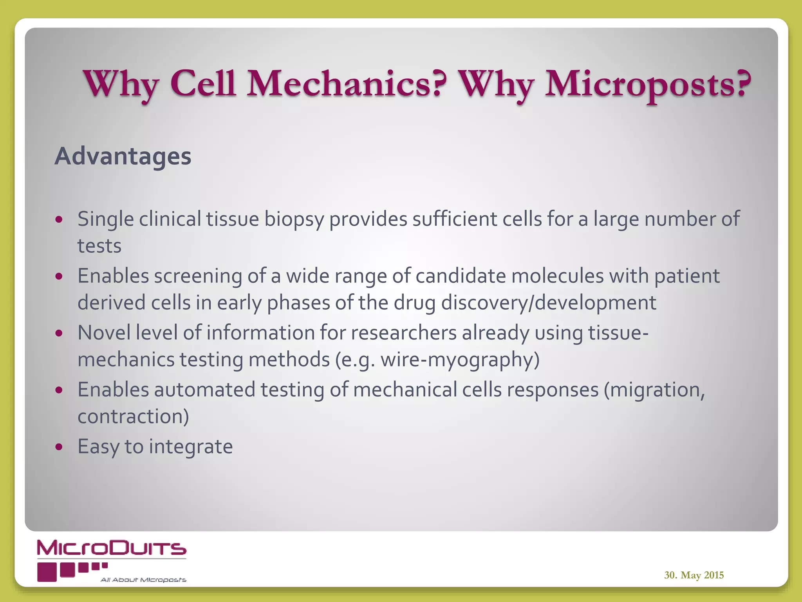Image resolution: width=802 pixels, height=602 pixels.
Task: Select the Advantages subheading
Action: click(123, 156)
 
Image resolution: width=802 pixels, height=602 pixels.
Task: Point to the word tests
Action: click(99, 246)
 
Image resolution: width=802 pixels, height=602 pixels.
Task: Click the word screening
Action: click(198, 276)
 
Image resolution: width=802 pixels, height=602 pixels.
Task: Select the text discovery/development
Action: click(548, 303)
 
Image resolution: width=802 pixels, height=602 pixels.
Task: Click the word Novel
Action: click(104, 333)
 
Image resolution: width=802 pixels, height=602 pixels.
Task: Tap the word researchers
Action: click(403, 333)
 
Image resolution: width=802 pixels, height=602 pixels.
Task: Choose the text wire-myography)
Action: click(460, 360)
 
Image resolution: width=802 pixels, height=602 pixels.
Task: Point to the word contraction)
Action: click(133, 416)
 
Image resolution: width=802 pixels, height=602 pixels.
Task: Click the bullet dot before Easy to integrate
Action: click(59, 446)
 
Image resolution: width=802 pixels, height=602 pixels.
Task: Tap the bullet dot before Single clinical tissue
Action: click(59, 219)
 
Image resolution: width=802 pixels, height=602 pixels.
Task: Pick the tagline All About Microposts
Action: click(143, 580)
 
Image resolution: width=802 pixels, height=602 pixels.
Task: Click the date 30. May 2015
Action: click(694, 575)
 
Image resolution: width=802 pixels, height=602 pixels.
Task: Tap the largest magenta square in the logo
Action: click(47, 572)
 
